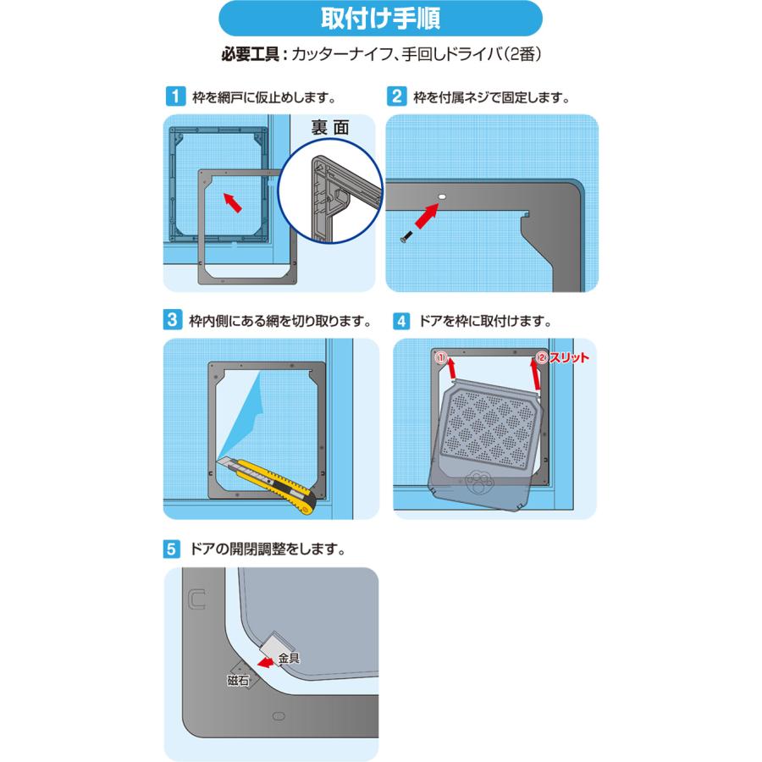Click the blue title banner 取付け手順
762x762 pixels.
click(380, 19)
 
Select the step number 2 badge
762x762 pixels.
click(396, 97)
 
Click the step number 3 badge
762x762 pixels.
click(173, 320)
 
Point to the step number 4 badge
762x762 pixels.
click(401, 321)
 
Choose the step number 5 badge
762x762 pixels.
click(171, 549)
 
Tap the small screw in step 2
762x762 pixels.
click(406, 237)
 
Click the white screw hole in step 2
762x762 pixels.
click(442, 196)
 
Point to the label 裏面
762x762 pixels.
click(330, 128)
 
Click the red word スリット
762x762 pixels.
click(569, 357)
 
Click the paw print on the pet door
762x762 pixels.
click(479, 482)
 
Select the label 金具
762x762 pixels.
click(289, 659)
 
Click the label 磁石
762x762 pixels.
click(238, 681)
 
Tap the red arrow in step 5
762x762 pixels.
click(267, 662)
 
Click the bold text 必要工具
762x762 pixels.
click(251, 54)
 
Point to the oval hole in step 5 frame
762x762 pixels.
click(279, 716)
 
